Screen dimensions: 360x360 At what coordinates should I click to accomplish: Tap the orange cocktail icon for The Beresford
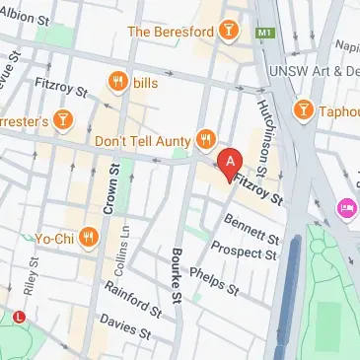tap(229, 31)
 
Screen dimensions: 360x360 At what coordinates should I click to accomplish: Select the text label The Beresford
tap(172, 32)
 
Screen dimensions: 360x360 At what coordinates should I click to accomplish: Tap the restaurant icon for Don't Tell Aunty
tap(205, 140)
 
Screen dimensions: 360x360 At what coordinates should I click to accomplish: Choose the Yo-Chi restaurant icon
tap(89, 236)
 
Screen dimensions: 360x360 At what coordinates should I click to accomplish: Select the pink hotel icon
tap(346, 208)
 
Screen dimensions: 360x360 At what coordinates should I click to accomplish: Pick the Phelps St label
tap(214, 278)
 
